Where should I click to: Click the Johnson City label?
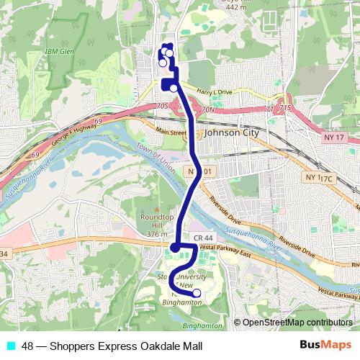pos(235,132)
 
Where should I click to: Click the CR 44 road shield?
pos(202,238)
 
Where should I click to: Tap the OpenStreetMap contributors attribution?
pos(297,322)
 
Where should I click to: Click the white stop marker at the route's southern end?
pos(197,292)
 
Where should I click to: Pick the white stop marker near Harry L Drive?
pos(174,88)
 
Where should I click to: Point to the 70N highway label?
pos(209,109)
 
